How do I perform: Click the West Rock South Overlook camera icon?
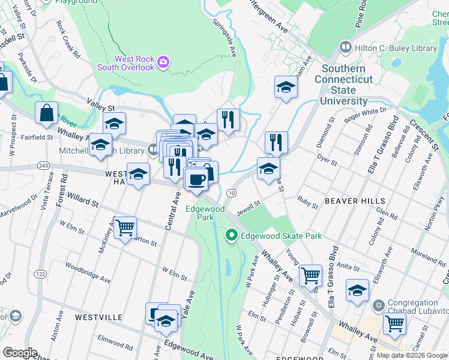click(163, 62)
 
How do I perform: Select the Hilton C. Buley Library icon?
click(345, 47)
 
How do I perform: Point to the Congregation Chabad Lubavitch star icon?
click(378, 306)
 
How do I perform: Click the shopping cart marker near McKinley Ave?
click(125, 227)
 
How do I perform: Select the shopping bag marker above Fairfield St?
click(46, 113)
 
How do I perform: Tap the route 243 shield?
click(43, 165)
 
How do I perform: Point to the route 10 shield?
click(231, 192)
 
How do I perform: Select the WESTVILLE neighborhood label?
click(98, 317)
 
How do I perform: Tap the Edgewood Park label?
click(205, 213)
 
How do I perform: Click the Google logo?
click(20, 353)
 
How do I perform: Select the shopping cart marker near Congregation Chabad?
click(394, 324)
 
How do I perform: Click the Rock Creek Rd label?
click(68, 40)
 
